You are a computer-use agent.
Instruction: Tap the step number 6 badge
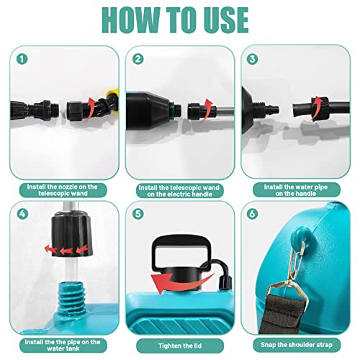point(253,214)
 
